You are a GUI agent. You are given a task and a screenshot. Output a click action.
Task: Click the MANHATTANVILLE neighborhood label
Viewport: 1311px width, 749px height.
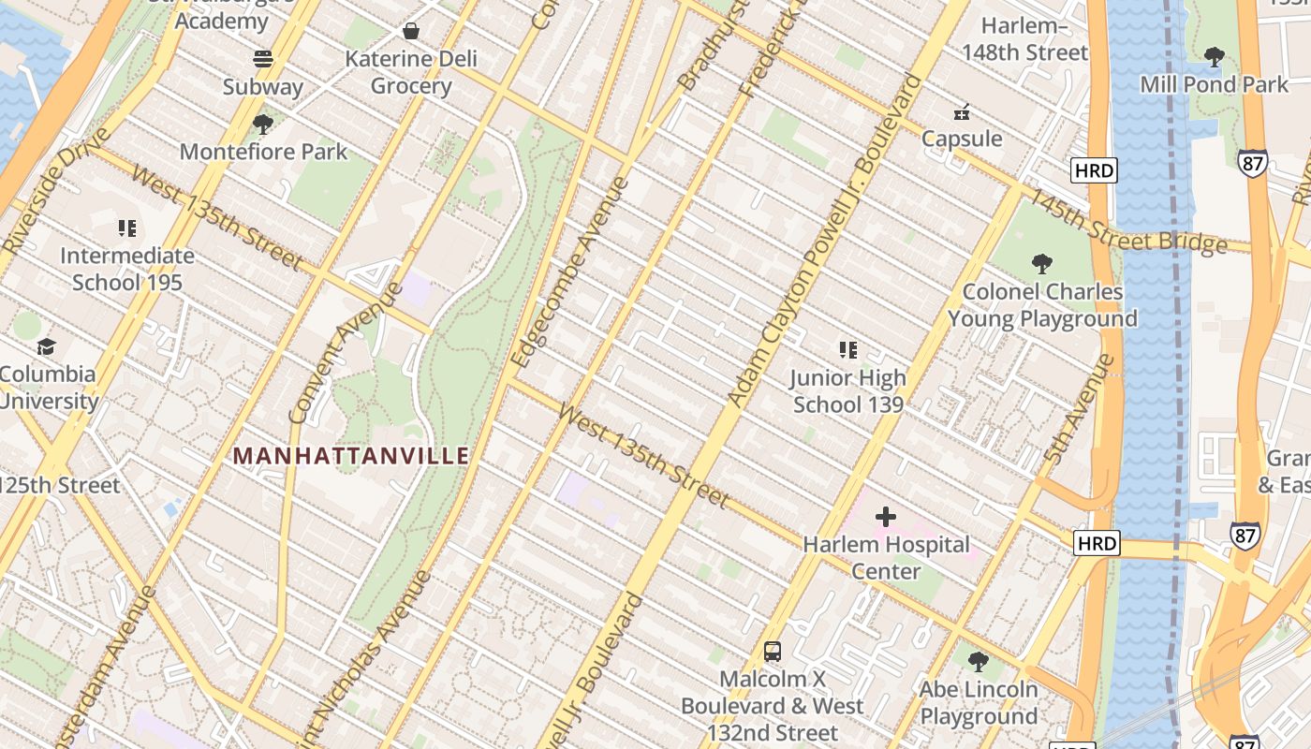(x=350, y=456)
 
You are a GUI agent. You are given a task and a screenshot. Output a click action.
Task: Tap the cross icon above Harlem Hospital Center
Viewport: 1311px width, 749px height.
(x=885, y=516)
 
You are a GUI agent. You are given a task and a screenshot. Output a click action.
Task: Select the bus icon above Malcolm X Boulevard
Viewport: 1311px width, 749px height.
(x=773, y=652)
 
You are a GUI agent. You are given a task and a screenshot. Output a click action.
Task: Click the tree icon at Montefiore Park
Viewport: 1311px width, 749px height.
(x=263, y=124)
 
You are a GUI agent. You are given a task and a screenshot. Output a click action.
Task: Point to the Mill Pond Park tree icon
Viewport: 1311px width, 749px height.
(x=1214, y=57)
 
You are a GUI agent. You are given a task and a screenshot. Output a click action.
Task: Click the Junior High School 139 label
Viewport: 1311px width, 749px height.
(x=847, y=391)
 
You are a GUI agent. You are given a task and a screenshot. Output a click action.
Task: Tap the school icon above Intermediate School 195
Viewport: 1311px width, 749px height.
(x=127, y=228)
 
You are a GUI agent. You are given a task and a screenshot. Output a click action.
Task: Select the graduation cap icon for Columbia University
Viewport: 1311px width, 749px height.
(x=46, y=346)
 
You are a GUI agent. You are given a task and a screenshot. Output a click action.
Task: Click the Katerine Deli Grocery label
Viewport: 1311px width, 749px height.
(x=411, y=72)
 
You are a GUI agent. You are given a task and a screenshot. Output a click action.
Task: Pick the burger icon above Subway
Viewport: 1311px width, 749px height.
(x=263, y=59)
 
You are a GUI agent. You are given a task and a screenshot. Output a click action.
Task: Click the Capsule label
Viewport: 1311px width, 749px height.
(x=962, y=139)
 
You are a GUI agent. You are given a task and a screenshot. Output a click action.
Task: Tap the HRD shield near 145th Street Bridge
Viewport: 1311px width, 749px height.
(x=1094, y=170)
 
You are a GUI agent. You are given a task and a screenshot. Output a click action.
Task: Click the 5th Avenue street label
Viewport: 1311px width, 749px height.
(x=1079, y=409)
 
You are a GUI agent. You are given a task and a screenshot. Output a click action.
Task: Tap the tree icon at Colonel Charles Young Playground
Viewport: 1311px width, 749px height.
(x=1041, y=264)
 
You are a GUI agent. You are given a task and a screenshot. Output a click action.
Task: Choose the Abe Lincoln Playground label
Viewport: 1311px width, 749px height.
(x=979, y=703)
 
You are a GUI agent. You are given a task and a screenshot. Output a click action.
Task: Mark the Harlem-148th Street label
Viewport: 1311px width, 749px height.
(x=1025, y=38)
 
